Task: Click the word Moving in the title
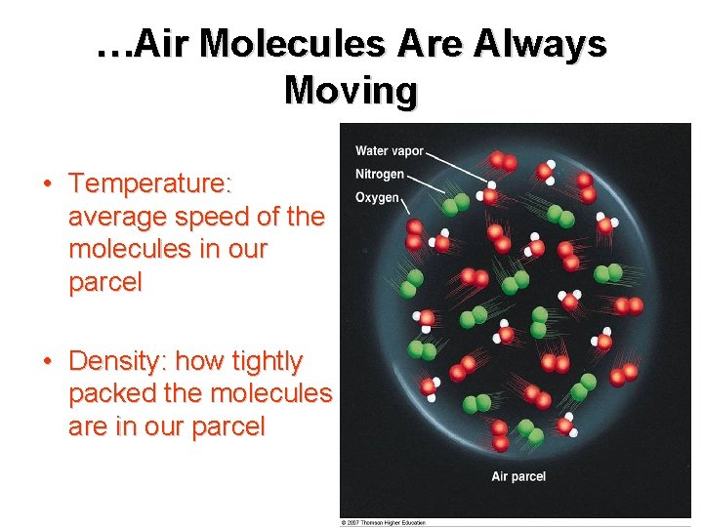[x=351, y=91]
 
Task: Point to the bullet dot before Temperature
[x=47, y=184]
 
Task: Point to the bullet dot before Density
[x=47, y=362]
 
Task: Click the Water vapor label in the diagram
[x=389, y=151]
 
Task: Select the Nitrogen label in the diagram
[x=380, y=174]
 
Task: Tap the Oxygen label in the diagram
[x=377, y=197]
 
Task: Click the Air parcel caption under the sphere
[x=518, y=476]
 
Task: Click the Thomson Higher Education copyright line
[x=384, y=522]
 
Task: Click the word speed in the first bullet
[x=202, y=217]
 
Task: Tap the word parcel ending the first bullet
[x=104, y=283]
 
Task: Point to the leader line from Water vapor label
[x=458, y=165]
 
